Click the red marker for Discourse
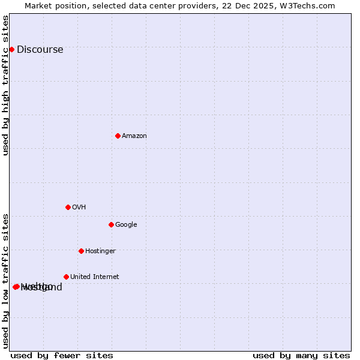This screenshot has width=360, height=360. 11,49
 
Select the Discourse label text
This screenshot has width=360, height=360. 40,50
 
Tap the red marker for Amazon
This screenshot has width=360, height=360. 118,136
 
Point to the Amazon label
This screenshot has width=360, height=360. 134,136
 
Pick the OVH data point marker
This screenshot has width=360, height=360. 68,207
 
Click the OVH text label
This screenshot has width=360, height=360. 79,208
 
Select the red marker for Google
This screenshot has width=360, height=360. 111,224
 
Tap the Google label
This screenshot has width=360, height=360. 126,225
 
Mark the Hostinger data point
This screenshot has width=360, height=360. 81,251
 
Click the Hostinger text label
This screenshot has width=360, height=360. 100,251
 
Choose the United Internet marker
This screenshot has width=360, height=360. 66,277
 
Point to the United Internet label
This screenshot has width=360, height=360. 94,277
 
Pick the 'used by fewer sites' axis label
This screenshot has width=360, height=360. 62,355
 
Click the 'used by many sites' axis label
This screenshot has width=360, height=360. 301,355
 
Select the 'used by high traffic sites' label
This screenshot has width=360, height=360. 6,85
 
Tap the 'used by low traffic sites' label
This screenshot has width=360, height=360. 6,280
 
